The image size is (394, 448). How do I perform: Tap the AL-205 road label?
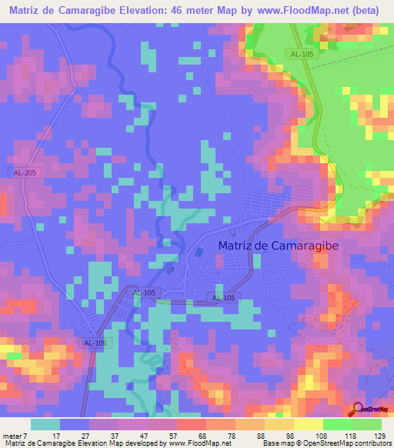coord(25,173)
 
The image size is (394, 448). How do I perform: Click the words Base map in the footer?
coord(273,443)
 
